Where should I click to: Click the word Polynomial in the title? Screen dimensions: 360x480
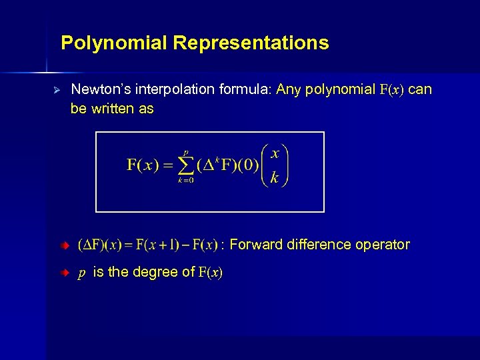(114, 43)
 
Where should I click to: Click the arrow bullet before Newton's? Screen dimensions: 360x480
(57, 89)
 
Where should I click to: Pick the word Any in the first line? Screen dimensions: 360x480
(287, 89)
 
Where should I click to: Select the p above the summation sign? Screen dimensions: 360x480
(186, 151)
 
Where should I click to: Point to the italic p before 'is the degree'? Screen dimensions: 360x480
(81, 273)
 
